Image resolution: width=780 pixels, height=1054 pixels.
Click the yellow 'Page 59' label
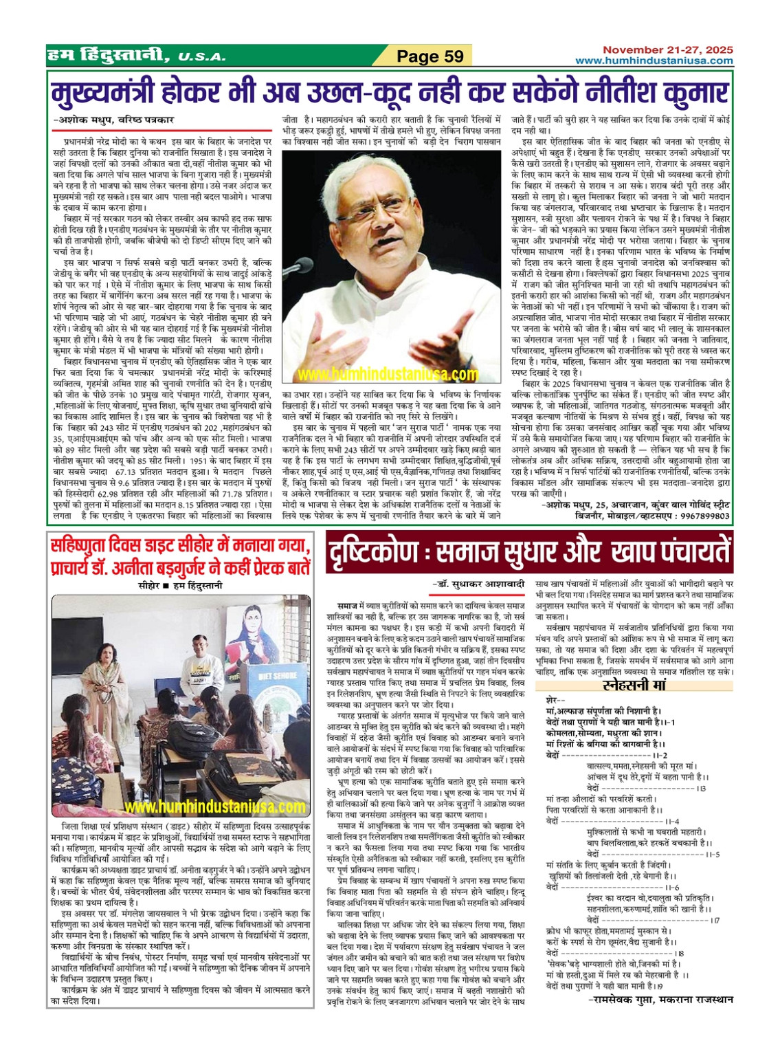[x=430, y=56]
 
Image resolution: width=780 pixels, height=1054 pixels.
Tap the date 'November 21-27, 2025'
[x=667, y=50]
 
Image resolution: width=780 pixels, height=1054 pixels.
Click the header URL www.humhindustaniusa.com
[x=654, y=61]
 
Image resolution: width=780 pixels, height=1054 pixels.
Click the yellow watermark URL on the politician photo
[x=388, y=374]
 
